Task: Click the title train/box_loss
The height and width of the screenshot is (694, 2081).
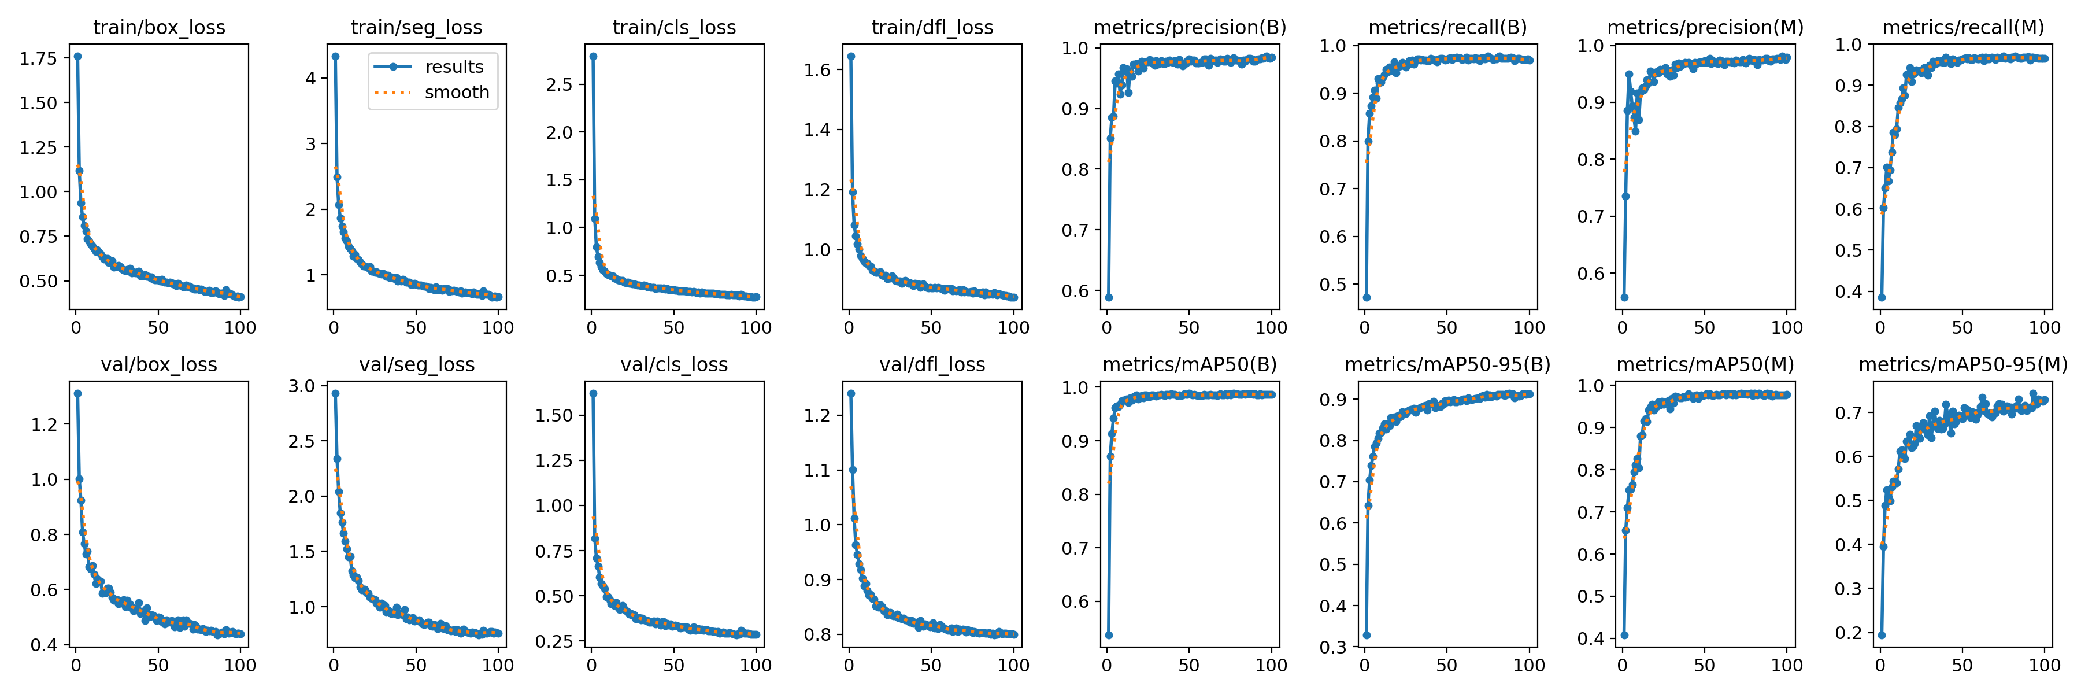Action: click(159, 27)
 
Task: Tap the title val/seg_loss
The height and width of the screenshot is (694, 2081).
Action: click(417, 364)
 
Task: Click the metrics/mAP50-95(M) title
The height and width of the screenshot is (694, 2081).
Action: click(1963, 364)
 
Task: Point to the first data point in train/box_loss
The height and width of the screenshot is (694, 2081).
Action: click(77, 57)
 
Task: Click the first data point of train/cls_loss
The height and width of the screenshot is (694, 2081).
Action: click(593, 57)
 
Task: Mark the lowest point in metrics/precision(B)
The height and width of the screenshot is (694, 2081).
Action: click(1108, 297)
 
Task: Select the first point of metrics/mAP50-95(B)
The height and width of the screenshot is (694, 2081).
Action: click(1366, 635)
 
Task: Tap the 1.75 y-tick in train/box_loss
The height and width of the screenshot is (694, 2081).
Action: click(39, 58)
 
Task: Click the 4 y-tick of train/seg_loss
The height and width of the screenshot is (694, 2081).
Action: click(311, 79)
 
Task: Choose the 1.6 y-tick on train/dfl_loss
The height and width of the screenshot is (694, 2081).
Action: click(817, 71)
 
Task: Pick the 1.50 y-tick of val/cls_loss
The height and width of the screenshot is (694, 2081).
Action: click(554, 415)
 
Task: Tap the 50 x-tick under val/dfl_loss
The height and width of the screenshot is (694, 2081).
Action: click(931, 665)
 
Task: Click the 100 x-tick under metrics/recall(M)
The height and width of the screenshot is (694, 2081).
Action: click(2045, 327)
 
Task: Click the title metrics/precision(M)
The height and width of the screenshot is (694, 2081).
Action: click(1705, 27)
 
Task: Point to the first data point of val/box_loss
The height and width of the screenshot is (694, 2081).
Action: click(77, 393)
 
